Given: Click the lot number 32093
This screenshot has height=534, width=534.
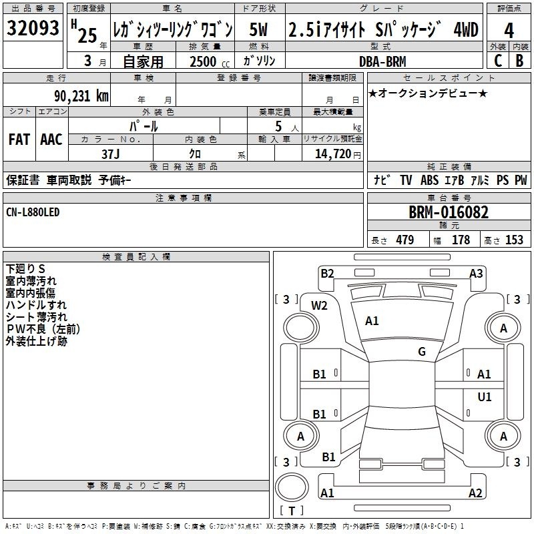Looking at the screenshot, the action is point(33,27).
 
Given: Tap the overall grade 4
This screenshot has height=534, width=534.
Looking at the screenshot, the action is point(509,31).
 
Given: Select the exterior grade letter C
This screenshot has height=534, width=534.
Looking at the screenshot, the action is point(498,61).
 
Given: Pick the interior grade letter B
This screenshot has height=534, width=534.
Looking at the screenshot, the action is point(519,61).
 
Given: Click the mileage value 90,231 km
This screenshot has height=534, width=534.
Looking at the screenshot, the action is point(81,96).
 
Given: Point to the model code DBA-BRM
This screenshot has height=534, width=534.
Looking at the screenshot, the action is point(382,61).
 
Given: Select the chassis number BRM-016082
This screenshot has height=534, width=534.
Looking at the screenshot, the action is point(449,212).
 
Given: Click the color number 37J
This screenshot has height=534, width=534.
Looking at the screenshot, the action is point(111,154).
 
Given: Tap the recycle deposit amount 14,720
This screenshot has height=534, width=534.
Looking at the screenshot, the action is point(333,154).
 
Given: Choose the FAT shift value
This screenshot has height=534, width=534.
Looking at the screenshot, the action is point(19,140).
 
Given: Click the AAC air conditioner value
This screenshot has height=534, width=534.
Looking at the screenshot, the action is point(51,140).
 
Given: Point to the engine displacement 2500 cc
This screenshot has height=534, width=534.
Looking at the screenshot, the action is point(210,61).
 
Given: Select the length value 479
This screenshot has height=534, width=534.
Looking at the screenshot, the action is point(405,240).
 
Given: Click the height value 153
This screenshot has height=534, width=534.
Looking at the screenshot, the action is point(514,240).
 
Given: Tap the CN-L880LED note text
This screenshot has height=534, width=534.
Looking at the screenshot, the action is point(33,212).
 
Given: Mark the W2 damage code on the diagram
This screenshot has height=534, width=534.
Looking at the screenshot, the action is point(319,306).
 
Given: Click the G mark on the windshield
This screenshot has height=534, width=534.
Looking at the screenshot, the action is point(422,352).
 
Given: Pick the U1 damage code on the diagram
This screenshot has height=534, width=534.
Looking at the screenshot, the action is point(485,396).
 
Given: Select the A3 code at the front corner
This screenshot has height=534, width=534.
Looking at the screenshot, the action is point(476,274).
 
